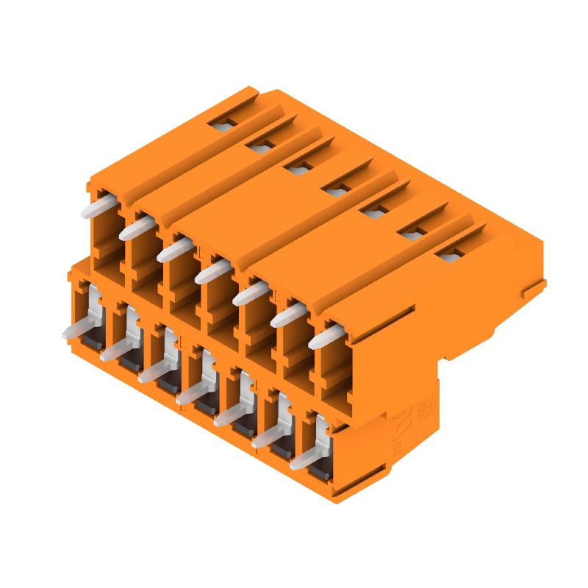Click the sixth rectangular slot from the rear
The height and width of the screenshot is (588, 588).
(x=412, y=234)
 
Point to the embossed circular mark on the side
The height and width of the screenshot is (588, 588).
(x=425, y=409)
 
